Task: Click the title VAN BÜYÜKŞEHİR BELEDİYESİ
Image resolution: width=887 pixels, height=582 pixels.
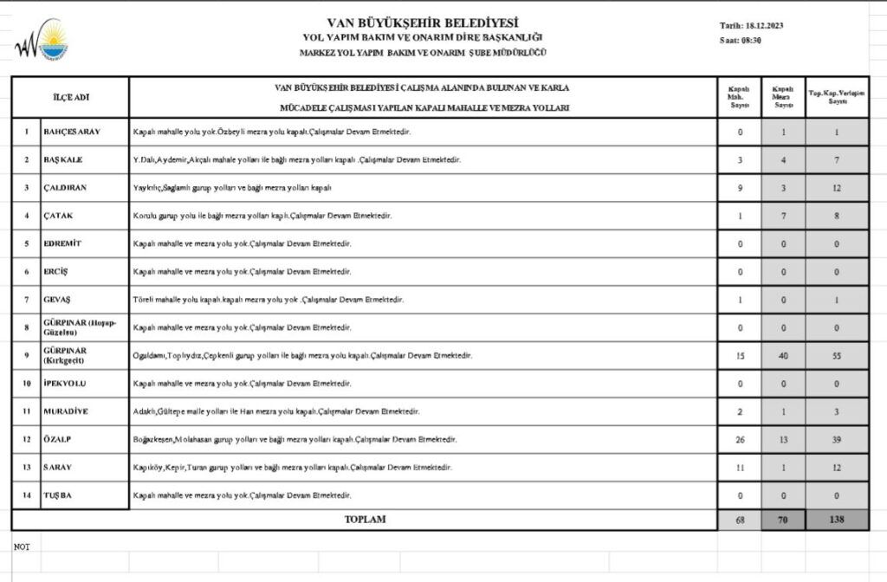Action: coord(423,23)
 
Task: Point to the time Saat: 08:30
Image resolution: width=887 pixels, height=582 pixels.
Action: coord(740,41)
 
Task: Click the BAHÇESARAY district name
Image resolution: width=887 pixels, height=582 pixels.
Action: coord(72,133)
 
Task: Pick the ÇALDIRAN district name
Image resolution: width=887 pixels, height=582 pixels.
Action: coord(65,187)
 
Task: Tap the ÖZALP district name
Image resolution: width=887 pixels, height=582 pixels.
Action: coord(58,439)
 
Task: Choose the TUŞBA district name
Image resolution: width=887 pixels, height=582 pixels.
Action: coord(58,495)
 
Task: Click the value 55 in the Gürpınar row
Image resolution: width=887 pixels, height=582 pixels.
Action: coord(837,356)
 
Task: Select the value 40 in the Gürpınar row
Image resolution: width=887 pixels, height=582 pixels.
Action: coord(783,356)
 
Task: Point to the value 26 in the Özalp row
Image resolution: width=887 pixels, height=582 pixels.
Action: coord(740,439)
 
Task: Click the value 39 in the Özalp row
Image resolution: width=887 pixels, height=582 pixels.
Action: coord(837,439)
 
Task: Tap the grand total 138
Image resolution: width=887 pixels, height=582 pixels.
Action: coord(837,520)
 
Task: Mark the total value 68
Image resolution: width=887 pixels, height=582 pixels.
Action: coord(740,520)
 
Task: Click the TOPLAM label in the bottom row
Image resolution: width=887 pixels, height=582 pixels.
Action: coord(365,520)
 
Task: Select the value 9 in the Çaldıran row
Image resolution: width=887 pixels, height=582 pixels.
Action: coord(740,187)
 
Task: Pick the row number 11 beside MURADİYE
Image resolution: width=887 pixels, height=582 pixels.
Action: coord(26,411)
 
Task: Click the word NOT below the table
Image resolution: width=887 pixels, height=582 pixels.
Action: coord(22,546)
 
